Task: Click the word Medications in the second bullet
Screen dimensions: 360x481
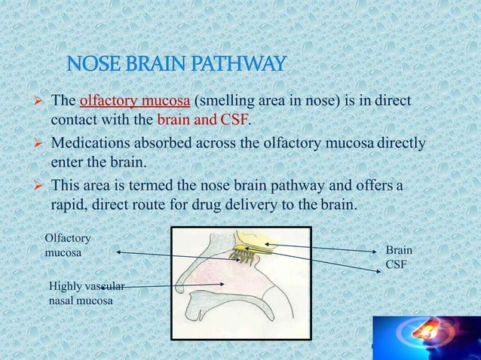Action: (x=90, y=142)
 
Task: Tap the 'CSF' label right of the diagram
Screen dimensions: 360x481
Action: (x=397, y=265)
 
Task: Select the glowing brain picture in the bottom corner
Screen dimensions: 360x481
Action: (x=427, y=337)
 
